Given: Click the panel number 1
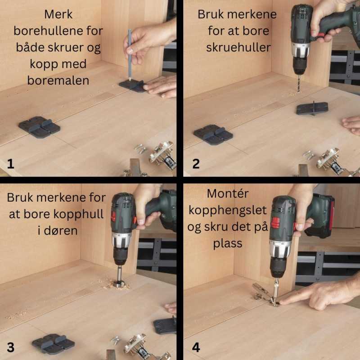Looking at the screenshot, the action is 10,164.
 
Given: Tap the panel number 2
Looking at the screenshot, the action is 196,164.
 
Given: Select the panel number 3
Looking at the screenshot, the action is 10,347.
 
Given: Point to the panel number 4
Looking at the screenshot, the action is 196,347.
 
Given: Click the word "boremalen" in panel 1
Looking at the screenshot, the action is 58,81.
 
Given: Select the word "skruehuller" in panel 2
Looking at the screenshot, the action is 238,48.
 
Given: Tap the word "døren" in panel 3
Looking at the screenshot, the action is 58,230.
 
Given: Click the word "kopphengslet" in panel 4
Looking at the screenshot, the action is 228,211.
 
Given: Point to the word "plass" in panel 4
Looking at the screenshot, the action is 228,244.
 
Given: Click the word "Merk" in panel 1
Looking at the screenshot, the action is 58,14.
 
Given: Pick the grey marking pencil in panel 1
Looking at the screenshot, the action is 130,54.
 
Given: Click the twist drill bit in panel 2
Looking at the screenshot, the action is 298,83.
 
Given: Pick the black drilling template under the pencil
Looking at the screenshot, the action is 133,85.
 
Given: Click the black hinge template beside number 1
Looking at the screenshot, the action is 40,127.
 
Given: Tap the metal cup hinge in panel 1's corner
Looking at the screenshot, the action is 162,154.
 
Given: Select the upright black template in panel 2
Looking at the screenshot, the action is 312,108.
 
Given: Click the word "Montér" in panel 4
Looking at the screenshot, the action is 228,193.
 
